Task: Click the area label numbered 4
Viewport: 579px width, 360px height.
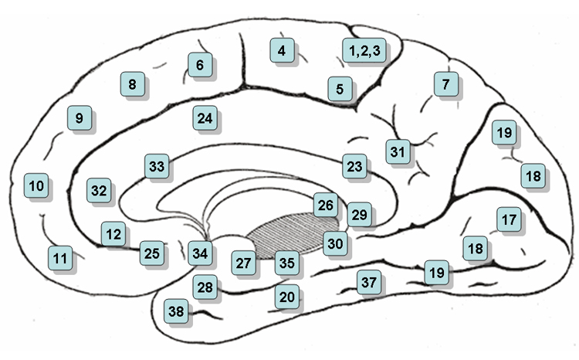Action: point(282,51)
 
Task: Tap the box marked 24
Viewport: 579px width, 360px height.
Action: point(204,119)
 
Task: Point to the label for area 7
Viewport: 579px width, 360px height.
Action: point(445,84)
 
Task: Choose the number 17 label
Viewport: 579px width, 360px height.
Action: point(507,220)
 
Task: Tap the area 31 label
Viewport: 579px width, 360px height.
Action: point(398,151)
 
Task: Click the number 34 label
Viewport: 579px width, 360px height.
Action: point(200,252)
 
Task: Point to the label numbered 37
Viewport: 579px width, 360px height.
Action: point(368,282)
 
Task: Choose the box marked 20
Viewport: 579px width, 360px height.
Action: point(286,296)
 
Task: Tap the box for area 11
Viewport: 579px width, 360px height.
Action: point(60,257)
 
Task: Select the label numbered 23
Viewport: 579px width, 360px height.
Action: point(354,166)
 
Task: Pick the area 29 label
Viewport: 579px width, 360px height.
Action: point(359,215)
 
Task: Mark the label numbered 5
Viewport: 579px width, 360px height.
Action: point(340,89)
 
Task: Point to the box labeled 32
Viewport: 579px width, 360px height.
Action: point(100,190)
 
